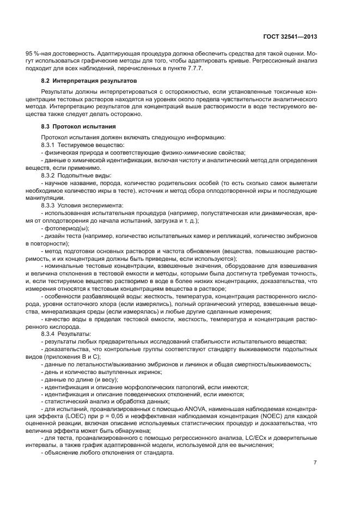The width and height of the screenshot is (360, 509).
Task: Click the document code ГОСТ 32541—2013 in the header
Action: [x=288, y=37]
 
